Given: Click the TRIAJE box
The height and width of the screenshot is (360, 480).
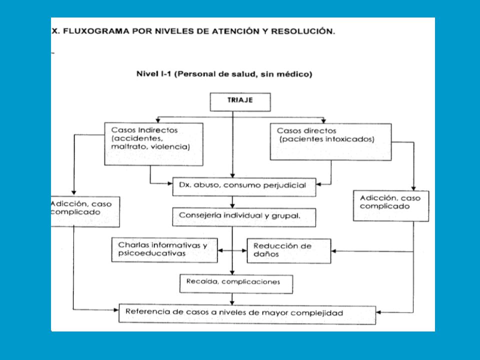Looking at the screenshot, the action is tap(240, 102).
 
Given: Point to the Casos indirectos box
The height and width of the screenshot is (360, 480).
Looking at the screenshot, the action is tap(153, 144).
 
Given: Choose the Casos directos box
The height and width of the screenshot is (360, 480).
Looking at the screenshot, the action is tap(330, 141).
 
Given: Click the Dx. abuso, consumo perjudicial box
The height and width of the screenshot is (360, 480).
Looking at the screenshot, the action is tap(244, 186).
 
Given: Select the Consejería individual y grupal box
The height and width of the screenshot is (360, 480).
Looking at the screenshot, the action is tap(244, 217).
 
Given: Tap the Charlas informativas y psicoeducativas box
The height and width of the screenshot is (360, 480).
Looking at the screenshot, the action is tap(164, 250).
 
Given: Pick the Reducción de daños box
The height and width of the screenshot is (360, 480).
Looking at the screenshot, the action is tap(289, 250).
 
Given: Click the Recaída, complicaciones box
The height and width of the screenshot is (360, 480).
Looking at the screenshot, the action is tap(236, 284).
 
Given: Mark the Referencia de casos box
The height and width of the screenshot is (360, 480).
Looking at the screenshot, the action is tap(247, 314).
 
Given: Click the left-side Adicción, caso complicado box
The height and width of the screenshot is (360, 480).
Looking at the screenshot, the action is tap(85, 212).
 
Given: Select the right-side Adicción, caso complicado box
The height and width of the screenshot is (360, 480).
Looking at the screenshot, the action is tap(391, 205).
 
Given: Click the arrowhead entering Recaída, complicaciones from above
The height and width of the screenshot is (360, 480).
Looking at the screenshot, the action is tap(232, 272).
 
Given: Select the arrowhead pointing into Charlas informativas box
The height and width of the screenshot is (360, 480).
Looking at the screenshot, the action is tap(220, 250).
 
